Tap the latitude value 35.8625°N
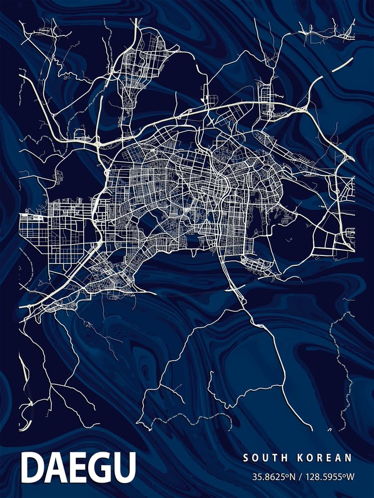(274, 477)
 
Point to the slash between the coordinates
(301, 477)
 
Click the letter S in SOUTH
(245, 458)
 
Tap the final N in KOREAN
(349, 458)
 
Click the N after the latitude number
(292, 477)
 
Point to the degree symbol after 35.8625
(287, 475)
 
